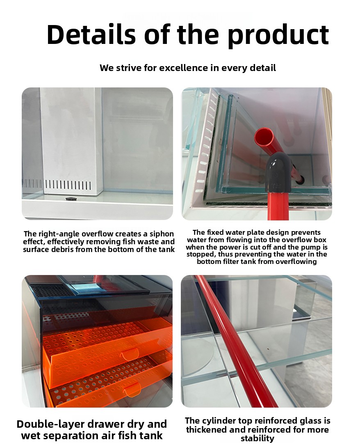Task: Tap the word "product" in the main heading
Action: point(278,36)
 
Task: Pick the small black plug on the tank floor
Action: point(70,198)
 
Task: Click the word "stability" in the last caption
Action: point(257,438)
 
